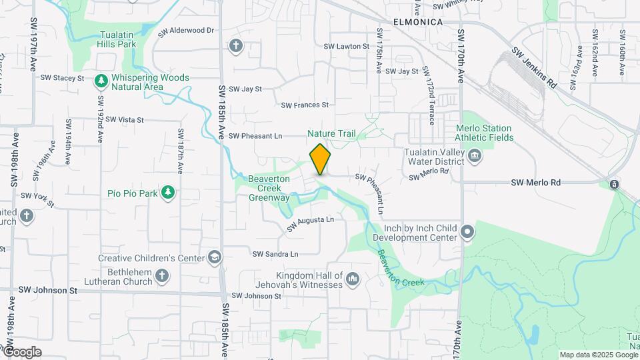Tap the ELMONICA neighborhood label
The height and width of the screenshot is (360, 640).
pos(418,22)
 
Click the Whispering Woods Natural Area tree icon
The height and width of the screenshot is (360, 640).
pos(101,81)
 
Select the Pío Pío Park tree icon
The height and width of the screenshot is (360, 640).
pos(169,193)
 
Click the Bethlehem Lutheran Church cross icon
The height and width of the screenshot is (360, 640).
pos(162,275)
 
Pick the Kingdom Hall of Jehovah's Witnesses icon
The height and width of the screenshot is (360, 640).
pos(353,278)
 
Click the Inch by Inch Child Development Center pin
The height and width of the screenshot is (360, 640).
pos(468,232)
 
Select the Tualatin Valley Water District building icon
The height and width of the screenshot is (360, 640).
pos(475,156)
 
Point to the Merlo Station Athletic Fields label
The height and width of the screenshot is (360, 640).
pos(484,133)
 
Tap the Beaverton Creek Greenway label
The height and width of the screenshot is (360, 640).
pos(269,188)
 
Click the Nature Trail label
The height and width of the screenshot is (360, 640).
pos(331,133)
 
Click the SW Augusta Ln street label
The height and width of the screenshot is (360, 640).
pos(310,224)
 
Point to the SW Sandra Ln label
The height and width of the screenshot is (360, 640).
pos(275,254)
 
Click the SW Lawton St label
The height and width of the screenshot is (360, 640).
pos(346,47)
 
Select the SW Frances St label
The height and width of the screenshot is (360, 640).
pos(305,105)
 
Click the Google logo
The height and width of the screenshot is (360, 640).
pos(22,351)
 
